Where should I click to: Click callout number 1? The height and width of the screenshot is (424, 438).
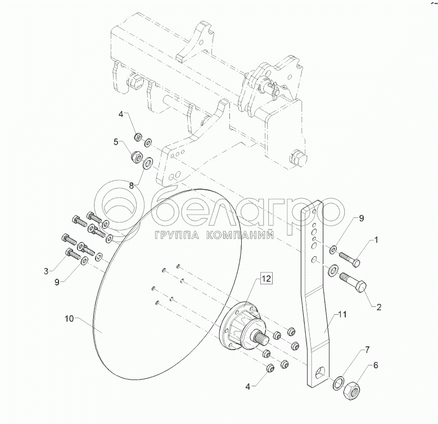[x=376, y=239]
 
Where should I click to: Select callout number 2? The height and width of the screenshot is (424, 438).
[x=379, y=307]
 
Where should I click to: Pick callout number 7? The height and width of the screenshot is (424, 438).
[x=367, y=350]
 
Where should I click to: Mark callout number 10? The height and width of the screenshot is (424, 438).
[x=69, y=319]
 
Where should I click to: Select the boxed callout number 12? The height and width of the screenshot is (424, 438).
[x=266, y=278]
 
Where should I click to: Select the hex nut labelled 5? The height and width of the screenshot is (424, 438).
[x=136, y=156]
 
